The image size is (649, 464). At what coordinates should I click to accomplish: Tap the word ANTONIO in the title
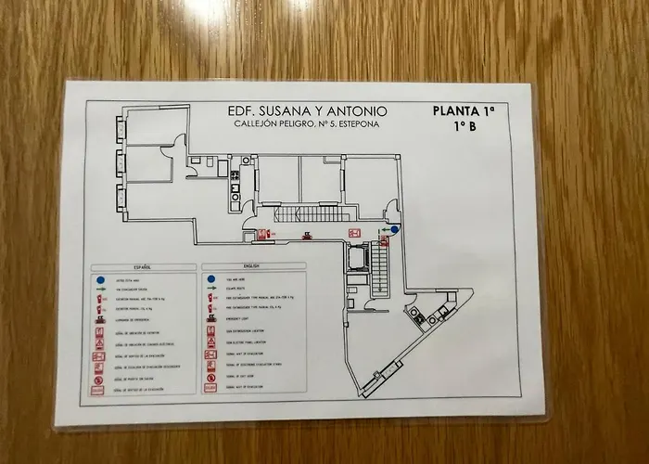[354, 111]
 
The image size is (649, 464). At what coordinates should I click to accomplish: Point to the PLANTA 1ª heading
[464, 110]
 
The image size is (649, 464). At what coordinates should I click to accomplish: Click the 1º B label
[465, 126]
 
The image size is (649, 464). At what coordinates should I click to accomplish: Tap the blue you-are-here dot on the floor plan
[394, 229]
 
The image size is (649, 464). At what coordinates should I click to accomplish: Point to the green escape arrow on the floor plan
[382, 229]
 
